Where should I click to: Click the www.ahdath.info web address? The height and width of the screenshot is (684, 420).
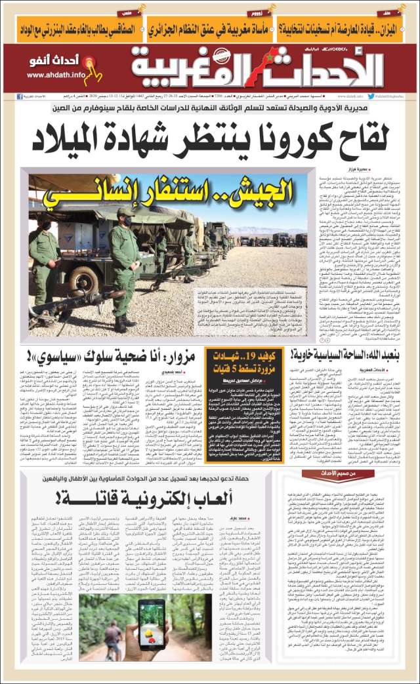click(x=56, y=75)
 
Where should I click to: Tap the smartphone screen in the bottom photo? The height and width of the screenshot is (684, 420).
click(x=153, y=621)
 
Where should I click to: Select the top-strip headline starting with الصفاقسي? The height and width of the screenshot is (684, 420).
click(x=72, y=29)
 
